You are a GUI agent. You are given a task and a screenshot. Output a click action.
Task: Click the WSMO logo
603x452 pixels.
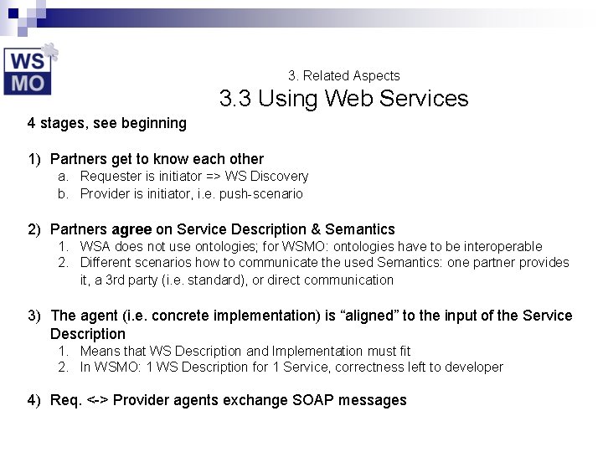29,69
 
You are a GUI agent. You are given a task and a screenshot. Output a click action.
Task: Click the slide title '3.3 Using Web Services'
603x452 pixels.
343,99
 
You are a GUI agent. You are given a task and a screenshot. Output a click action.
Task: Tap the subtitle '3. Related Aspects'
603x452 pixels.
343,75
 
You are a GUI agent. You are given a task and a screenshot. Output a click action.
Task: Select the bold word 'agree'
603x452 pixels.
131,229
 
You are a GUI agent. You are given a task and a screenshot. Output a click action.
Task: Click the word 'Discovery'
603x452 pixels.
279,177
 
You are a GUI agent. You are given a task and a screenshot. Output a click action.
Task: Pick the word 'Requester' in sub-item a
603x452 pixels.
111,177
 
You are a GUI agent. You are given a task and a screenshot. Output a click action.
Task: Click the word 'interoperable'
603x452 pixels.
502,247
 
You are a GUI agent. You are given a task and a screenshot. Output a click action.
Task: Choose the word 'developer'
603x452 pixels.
472,367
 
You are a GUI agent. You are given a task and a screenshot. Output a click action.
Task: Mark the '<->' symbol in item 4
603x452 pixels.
97,400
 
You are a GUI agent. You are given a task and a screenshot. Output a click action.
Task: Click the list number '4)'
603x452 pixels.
33,400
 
